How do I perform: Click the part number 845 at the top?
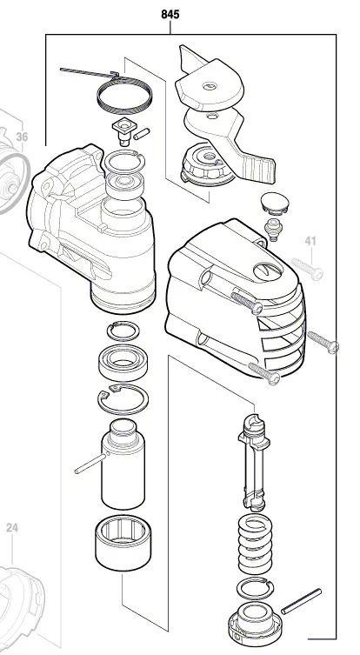click(171, 14)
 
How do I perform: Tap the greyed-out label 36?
click(22, 137)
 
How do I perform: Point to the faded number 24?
click(12, 527)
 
